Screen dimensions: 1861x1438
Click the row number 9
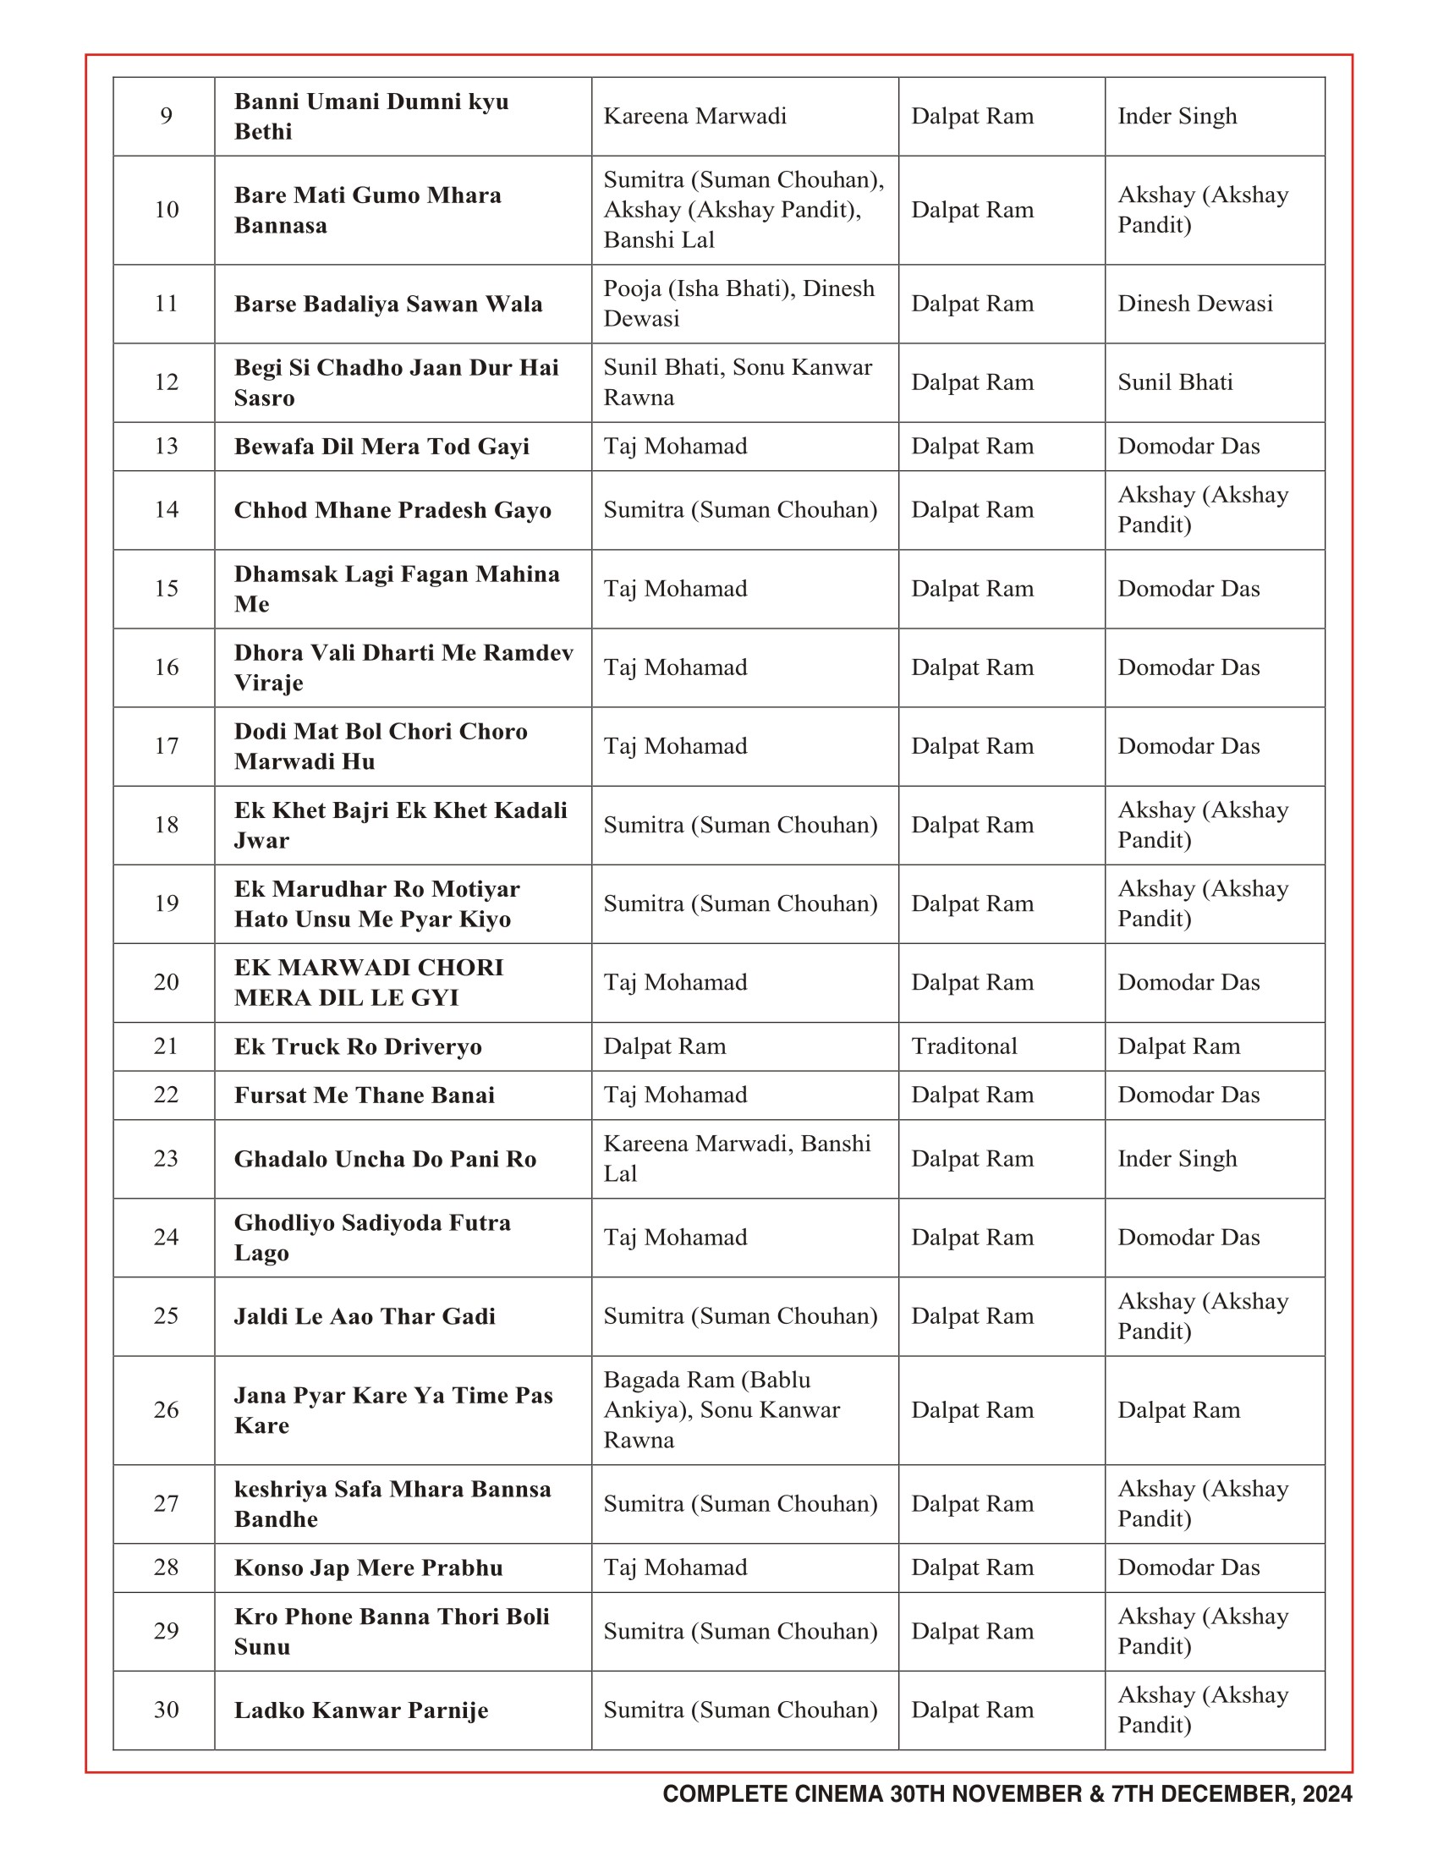point(166,116)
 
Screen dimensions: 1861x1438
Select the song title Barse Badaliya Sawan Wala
point(387,305)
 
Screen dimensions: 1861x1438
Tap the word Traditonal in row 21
point(963,1046)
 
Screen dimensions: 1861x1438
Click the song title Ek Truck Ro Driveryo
point(358,1046)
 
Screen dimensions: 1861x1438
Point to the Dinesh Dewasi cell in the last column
point(1194,304)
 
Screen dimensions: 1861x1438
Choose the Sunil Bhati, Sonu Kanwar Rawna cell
point(738,382)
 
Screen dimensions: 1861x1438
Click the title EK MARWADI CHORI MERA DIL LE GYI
point(369,982)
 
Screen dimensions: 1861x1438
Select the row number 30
point(166,1710)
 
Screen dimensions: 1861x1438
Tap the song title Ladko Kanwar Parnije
point(361,1710)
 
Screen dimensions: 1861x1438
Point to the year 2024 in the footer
point(1326,1794)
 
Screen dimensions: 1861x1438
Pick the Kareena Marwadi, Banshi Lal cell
point(737,1158)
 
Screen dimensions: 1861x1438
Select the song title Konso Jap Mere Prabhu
point(368,1567)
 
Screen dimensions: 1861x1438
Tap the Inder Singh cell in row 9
point(1177,116)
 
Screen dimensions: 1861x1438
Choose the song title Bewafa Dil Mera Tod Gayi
point(381,447)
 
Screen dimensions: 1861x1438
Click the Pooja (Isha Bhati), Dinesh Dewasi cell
point(738,304)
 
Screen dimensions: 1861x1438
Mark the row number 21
point(166,1046)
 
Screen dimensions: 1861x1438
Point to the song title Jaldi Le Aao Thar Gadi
point(365,1316)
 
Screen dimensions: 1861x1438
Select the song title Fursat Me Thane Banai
point(364,1095)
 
